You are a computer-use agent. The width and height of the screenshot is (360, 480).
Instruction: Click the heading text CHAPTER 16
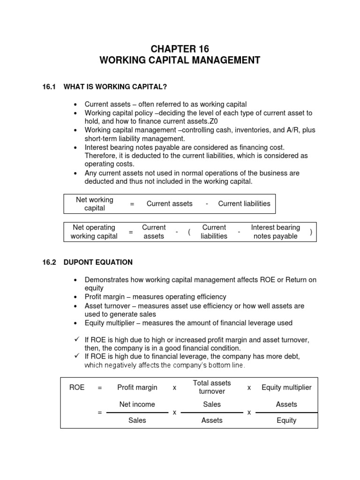[x=180, y=49]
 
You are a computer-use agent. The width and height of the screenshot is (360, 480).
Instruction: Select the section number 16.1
[x=49, y=86]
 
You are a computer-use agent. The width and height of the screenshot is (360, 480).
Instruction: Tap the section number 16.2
[x=49, y=262]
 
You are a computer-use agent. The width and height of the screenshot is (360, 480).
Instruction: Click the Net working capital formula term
[x=95, y=203]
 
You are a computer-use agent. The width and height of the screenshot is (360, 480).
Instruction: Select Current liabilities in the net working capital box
[x=244, y=203]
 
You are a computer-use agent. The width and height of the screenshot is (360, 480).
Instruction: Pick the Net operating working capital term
[x=94, y=232]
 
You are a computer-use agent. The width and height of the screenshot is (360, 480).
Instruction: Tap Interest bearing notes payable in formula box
[x=275, y=232]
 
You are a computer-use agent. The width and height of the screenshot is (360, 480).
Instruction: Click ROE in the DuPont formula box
[x=77, y=388]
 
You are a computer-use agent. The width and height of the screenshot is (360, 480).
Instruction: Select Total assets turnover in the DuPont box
[x=212, y=387]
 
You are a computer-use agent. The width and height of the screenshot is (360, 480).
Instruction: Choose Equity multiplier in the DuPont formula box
[x=286, y=388]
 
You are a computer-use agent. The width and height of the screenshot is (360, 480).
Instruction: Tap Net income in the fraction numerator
[x=137, y=404]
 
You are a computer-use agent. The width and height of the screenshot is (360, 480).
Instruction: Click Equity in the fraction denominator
[x=286, y=420]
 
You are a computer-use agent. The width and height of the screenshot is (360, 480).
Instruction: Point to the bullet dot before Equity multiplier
[x=76, y=323]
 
